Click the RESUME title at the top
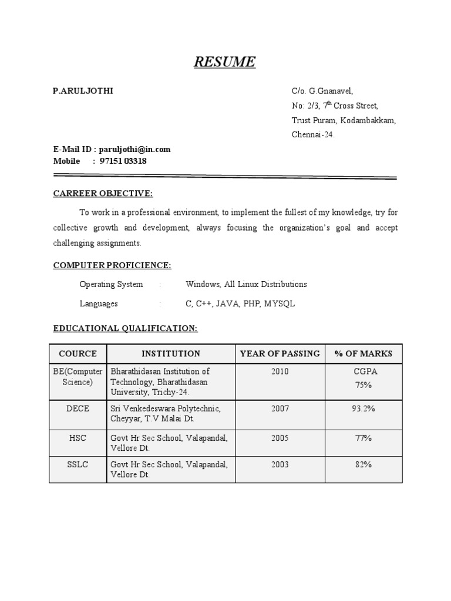(x=225, y=62)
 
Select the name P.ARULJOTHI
(x=83, y=91)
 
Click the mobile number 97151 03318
(x=123, y=161)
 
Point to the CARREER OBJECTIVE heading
(x=103, y=194)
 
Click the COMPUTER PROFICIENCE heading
(x=112, y=266)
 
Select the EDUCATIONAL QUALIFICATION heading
(x=126, y=329)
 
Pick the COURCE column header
(x=78, y=354)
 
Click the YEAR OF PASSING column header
(x=280, y=354)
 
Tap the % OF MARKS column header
(x=364, y=354)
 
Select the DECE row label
(x=78, y=408)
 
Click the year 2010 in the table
(x=280, y=372)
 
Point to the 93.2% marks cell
(x=364, y=408)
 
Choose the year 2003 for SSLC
(x=280, y=465)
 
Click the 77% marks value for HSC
(x=364, y=438)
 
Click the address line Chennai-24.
(x=314, y=135)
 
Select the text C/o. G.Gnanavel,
(x=322, y=91)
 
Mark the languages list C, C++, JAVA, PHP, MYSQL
(x=240, y=304)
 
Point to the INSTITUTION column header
(x=171, y=354)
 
